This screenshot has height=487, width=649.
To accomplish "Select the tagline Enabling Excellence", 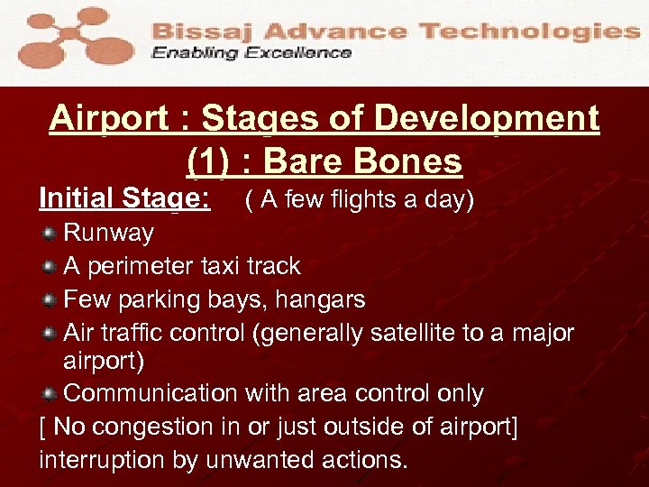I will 251,53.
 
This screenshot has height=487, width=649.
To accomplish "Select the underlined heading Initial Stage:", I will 124,198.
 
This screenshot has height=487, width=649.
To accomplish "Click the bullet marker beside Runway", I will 50,234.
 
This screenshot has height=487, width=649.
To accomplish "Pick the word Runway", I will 109,234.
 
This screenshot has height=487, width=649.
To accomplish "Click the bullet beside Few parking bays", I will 50,299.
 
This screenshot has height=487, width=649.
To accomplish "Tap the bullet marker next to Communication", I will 50,394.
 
